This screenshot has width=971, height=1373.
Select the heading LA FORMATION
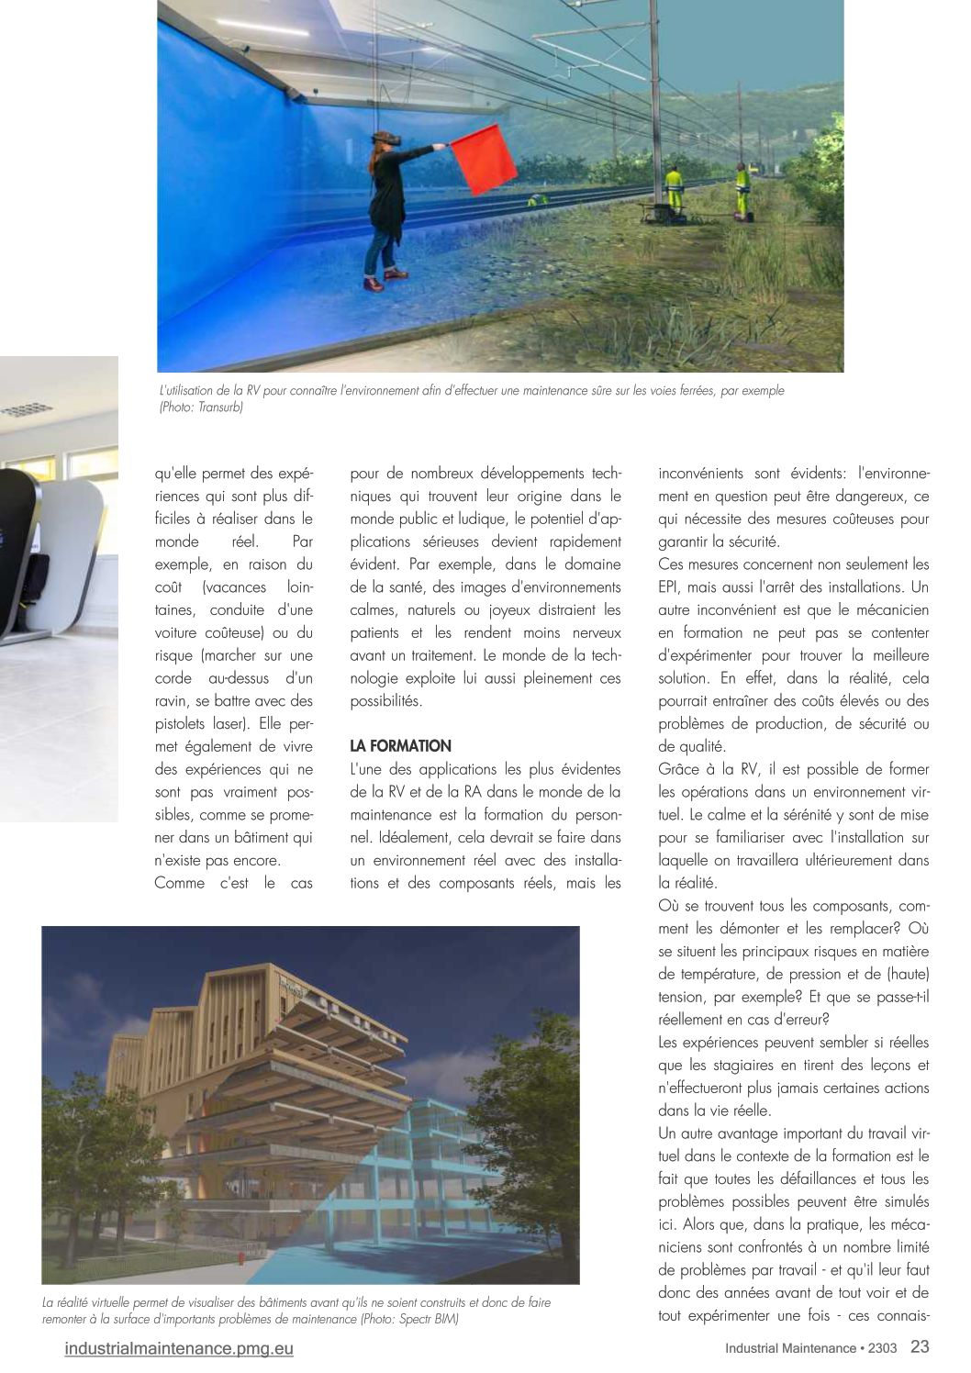tap(400, 746)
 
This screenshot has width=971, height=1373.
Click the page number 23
tap(920, 1347)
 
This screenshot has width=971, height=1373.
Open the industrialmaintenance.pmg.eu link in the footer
tap(179, 1348)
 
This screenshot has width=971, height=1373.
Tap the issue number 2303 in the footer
tap(883, 1349)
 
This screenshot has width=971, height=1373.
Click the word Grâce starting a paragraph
tap(680, 769)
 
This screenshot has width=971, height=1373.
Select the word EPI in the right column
tap(671, 587)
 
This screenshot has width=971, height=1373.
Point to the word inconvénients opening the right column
tap(702, 474)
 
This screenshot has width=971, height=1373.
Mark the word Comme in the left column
tap(179, 883)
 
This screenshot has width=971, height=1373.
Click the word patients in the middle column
tap(376, 633)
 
